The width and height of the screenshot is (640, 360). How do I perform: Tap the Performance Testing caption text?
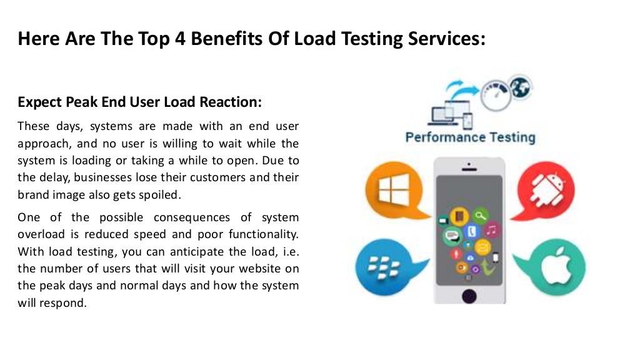470,137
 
